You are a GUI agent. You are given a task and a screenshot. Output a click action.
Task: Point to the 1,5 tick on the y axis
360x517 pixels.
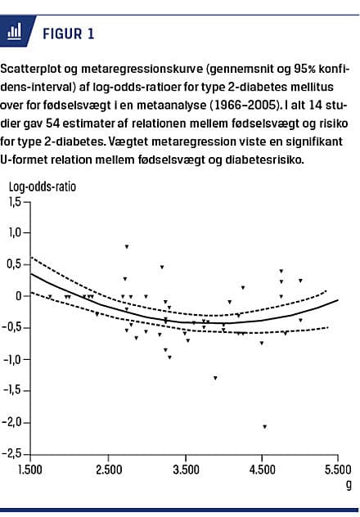tap(16, 201)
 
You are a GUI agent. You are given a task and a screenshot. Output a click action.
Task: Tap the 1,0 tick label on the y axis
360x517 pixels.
tap(16, 232)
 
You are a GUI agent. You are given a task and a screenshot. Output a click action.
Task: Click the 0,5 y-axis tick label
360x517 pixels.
tap(16, 264)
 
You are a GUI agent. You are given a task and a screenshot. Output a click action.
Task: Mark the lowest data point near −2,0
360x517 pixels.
tap(264, 426)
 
